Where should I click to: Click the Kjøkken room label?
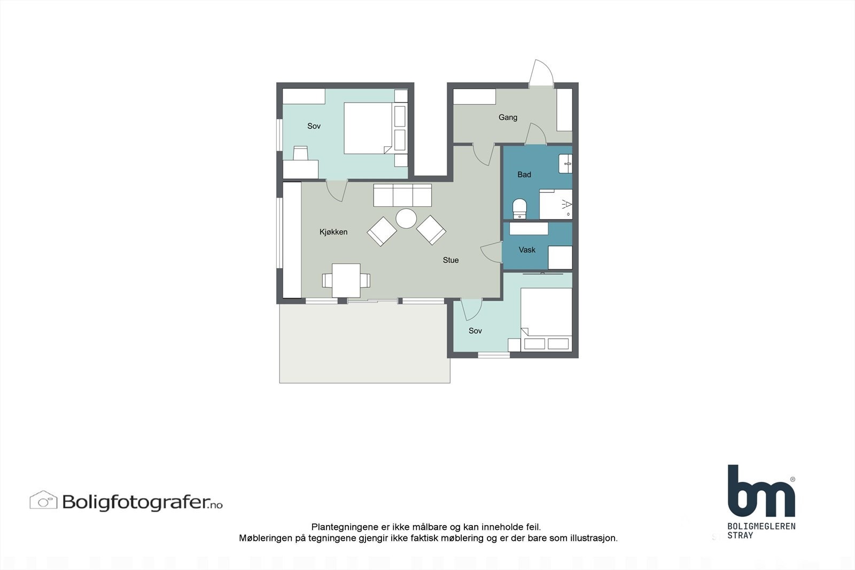coord(333,232)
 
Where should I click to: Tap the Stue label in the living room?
coord(450,260)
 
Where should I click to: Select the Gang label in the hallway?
coord(508,118)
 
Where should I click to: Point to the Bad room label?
coord(524,175)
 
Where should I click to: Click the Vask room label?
coord(527,249)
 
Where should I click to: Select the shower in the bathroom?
coord(556,204)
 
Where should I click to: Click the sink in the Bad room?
coord(565,163)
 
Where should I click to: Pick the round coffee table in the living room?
coord(406,218)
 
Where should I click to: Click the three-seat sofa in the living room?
coord(402,195)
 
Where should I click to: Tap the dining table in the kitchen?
coord(346,280)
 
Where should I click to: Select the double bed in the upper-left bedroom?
coord(368,128)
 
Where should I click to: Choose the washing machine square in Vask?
coord(560,257)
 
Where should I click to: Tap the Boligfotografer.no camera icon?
coord(43,501)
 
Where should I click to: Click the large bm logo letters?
coord(760,491)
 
